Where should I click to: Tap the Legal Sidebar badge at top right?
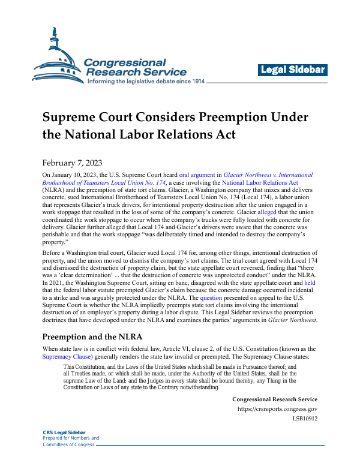point(293,70)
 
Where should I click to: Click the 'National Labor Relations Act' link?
point(260,182)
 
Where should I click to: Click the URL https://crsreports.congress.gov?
point(277,409)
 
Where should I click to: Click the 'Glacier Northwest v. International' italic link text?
point(268,175)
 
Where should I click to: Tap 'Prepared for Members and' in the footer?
point(71,438)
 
